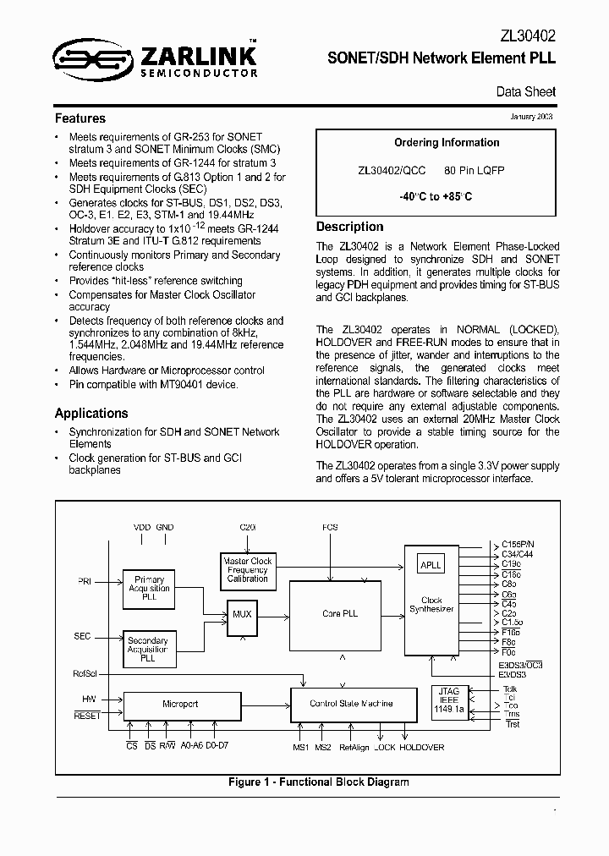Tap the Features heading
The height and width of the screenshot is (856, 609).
80,118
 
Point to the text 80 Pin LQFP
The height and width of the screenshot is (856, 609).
475,170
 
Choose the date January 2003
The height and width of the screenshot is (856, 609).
532,116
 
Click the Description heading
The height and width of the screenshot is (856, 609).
349,227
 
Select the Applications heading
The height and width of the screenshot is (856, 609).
91,413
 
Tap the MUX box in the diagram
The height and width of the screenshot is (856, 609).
243,613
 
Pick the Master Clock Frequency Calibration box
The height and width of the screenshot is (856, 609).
248,569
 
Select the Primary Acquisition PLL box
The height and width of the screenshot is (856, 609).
150,588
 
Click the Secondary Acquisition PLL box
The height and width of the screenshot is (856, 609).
148,648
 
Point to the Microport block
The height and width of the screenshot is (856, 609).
179,704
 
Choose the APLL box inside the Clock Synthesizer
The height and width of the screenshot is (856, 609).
431,565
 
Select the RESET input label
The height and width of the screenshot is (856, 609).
87,715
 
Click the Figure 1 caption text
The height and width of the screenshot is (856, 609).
318,782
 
